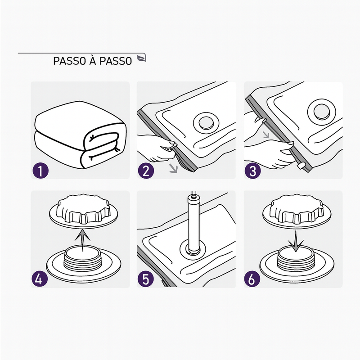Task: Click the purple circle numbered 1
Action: [x=40, y=171]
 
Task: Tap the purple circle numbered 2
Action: [x=146, y=171]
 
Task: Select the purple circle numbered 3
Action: [x=252, y=171]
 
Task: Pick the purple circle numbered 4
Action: [x=40, y=279]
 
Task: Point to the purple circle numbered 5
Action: [x=146, y=279]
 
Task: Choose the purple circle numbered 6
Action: [x=252, y=279]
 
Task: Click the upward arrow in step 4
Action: [x=83, y=241]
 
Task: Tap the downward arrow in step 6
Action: [x=296, y=241]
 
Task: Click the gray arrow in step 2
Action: [x=173, y=168]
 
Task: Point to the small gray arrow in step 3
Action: [x=266, y=135]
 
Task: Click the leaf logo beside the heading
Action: [x=141, y=58]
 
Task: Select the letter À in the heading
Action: [x=93, y=60]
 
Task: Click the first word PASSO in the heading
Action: [x=70, y=61]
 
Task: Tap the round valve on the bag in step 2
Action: [x=206, y=122]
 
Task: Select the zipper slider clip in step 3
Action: [x=301, y=165]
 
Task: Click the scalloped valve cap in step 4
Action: [x=84, y=211]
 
